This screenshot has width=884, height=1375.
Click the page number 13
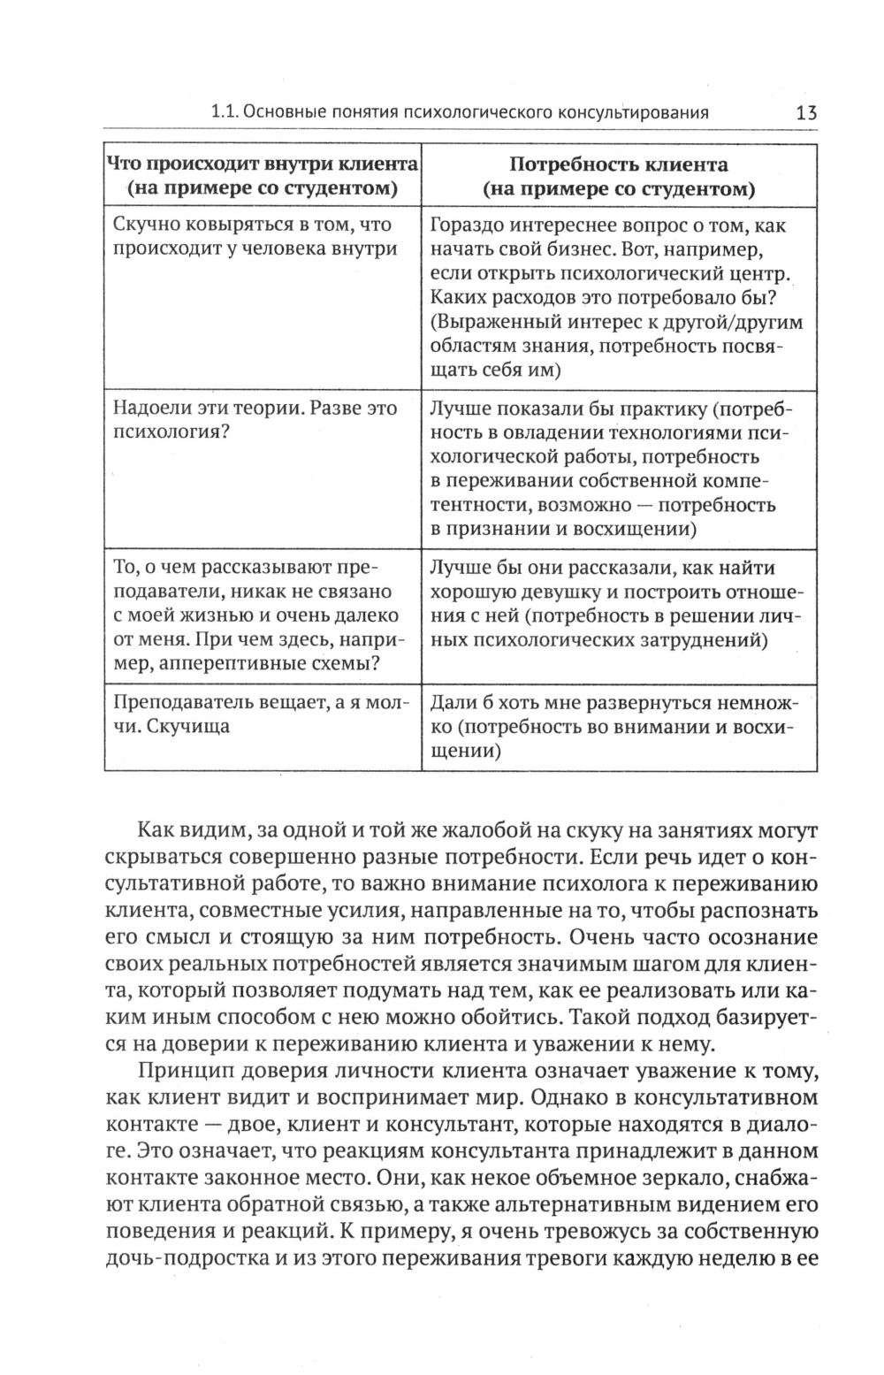(x=805, y=113)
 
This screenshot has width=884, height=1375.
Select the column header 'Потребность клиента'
(x=619, y=165)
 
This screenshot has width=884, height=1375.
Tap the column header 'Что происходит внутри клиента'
(x=262, y=165)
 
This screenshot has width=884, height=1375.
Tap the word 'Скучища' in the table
(x=187, y=727)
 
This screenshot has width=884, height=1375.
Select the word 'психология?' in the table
(x=167, y=433)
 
